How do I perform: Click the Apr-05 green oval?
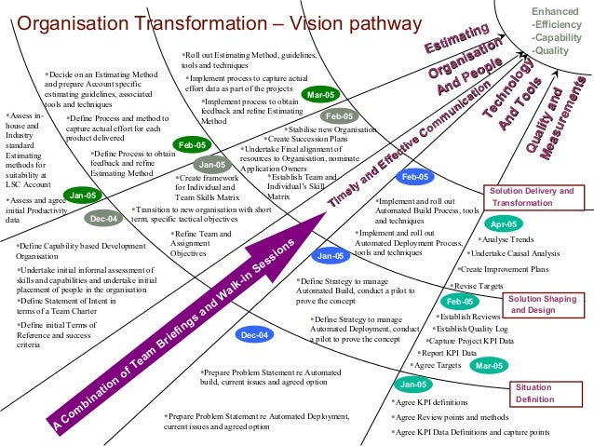(x=503, y=224)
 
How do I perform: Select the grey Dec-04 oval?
(x=103, y=219)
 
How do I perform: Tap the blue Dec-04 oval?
(x=254, y=334)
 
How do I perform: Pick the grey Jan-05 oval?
(x=212, y=165)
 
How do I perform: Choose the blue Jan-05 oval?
(x=330, y=255)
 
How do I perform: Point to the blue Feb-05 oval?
(x=412, y=176)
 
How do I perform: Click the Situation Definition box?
(x=533, y=393)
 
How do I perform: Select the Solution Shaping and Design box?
(x=541, y=304)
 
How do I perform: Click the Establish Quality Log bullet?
(x=470, y=328)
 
